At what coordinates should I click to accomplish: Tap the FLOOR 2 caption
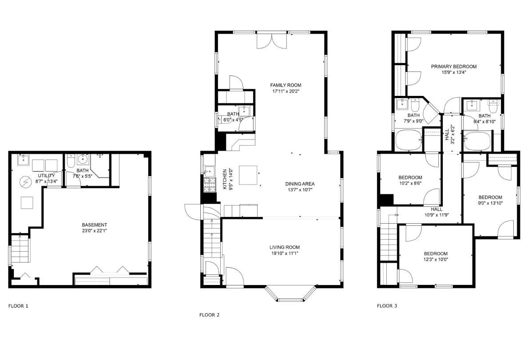[x=209, y=315]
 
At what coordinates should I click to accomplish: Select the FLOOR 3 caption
[x=387, y=306]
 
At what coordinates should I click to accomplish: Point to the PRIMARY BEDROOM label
[x=453, y=67]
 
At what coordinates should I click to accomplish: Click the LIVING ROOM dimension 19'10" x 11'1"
[x=284, y=253]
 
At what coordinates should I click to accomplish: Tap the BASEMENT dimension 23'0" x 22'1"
[x=94, y=231]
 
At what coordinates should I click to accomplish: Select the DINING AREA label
[x=300, y=184]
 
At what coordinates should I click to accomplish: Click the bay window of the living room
[x=290, y=297]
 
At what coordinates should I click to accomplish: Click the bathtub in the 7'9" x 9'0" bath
[x=409, y=141]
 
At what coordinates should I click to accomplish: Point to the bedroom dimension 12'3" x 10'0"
[x=435, y=260]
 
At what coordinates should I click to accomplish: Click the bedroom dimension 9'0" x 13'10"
[x=490, y=203]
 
